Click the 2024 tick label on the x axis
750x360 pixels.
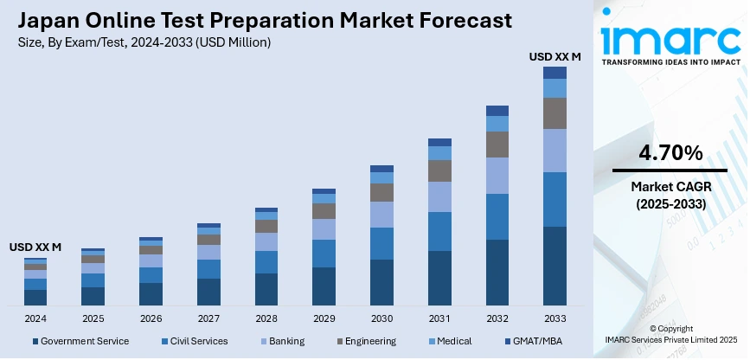pyautogui.click(x=35, y=318)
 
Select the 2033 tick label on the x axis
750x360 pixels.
pyautogui.click(x=554, y=318)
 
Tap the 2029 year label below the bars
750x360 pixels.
pyautogui.click(x=324, y=318)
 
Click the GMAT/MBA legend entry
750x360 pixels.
pyautogui.click(x=536, y=341)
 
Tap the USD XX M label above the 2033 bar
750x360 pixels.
pyautogui.click(x=554, y=57)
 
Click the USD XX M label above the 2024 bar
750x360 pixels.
pyautogui.click(x=35, y=247)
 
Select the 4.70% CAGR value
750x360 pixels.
pyautogui.click(x=670, y=154)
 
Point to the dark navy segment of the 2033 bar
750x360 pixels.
pyautogui.click(x=554, y=266)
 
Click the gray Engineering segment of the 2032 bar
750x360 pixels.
pyautogui.click(x=497, y=145)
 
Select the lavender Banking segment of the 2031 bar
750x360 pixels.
pyautogui.click(x=439, y=196)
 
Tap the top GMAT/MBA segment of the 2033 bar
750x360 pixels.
pyautogui.click(x=554, y=73)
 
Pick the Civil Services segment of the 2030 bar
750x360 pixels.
pyautogui.click(x=381, y=243)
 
